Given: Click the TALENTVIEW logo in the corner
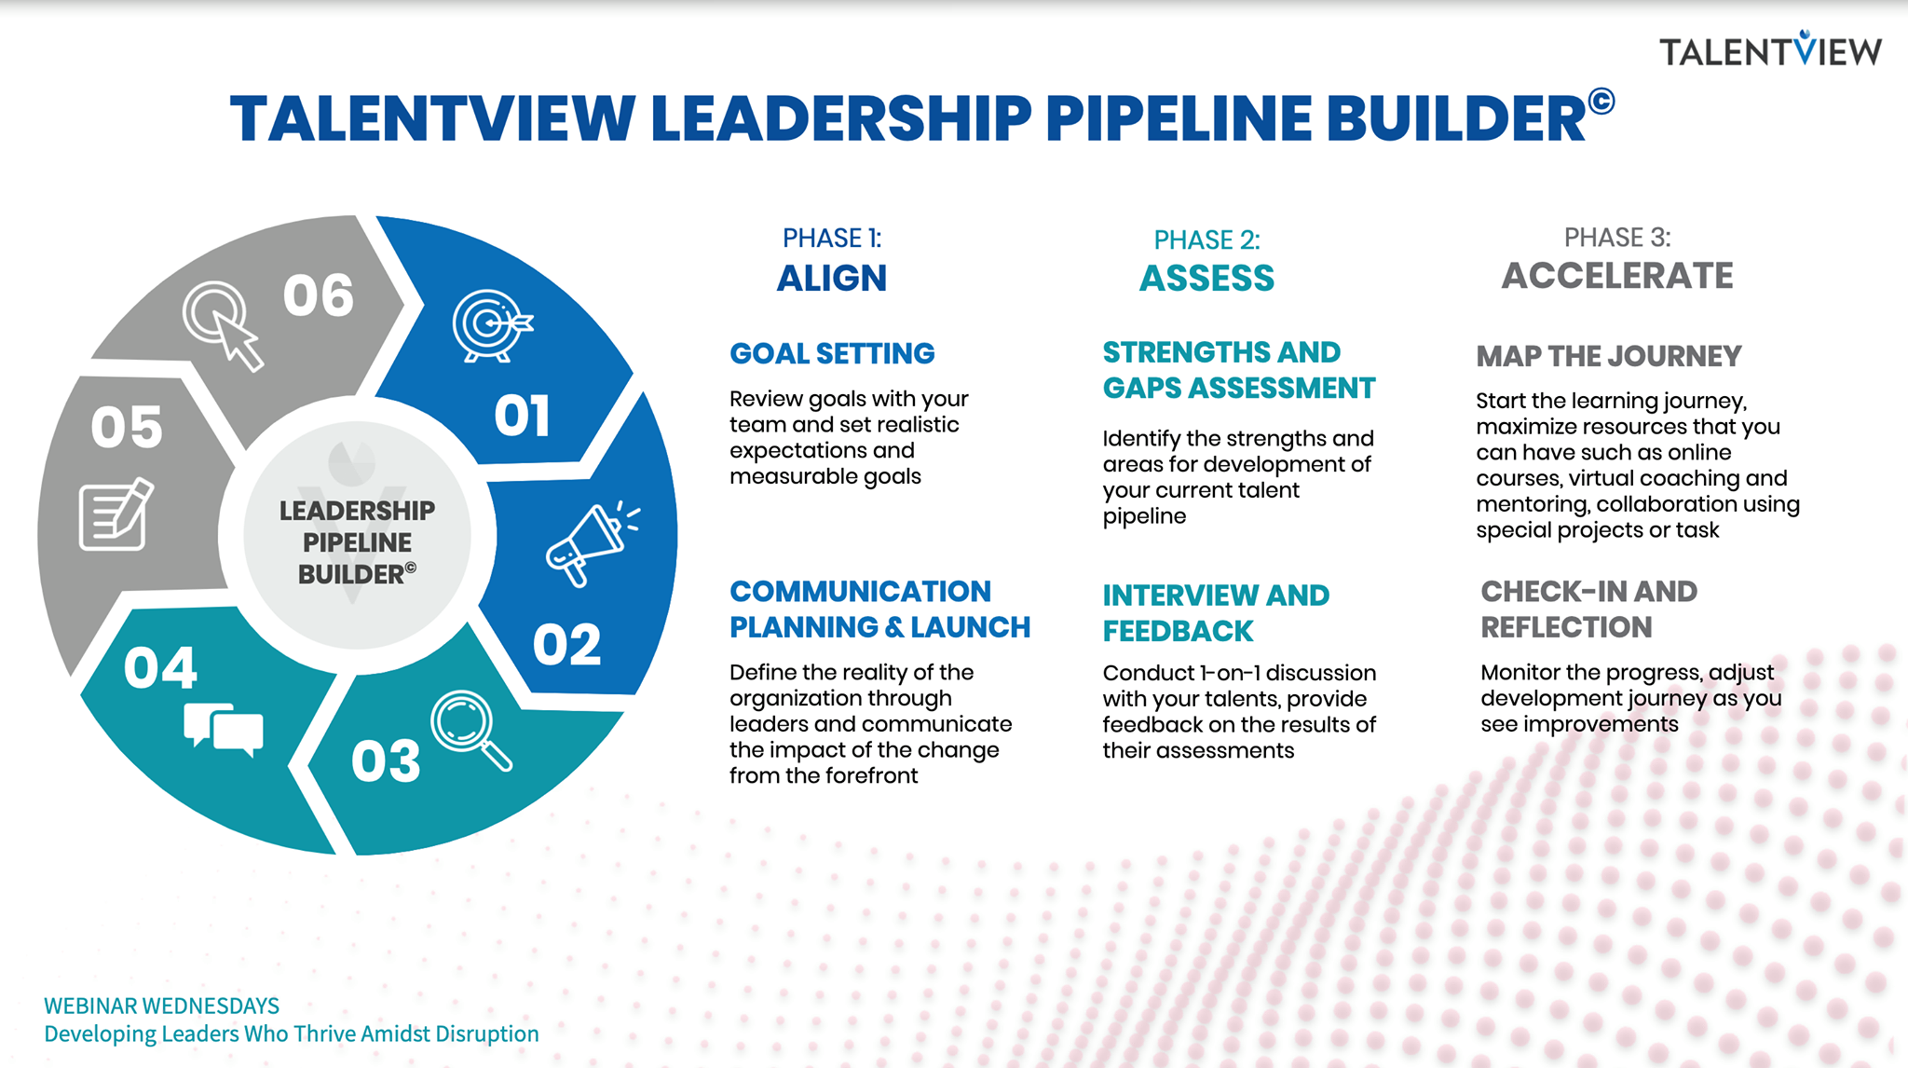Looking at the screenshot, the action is [1770, 49].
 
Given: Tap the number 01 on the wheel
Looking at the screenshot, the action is [522, 416].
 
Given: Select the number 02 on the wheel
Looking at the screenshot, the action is [566, 644].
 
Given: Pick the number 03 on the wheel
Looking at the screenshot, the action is [386, 761].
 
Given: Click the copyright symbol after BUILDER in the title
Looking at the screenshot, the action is [1601, 101].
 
